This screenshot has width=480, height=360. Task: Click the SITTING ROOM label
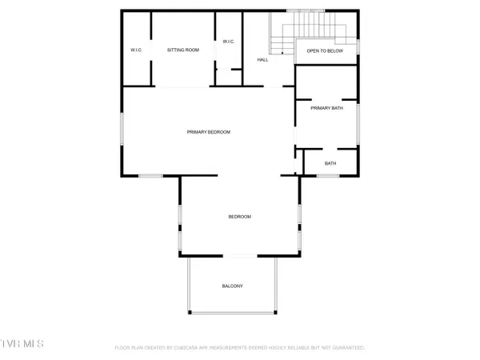[182, 50]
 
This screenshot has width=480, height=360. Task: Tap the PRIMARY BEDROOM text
[209, 132]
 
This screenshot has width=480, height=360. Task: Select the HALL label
[262, 60]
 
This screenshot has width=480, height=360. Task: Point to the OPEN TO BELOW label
[325, 50]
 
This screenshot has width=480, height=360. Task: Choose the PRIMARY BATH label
[326, 107]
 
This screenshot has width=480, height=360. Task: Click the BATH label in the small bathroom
[330, 163]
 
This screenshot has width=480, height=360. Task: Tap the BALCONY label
[232, 286]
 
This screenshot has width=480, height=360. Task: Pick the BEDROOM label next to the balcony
[240, 217]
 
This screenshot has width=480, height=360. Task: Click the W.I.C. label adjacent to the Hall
[228, 42]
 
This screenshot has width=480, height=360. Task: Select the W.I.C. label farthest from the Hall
[136, 50]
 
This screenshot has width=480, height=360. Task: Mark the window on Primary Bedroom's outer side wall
[122, 132]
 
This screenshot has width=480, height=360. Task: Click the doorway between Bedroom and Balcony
[239, 256]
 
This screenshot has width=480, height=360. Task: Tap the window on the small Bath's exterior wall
[330, 175]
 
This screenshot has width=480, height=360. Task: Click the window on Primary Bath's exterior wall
[358, 124]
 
